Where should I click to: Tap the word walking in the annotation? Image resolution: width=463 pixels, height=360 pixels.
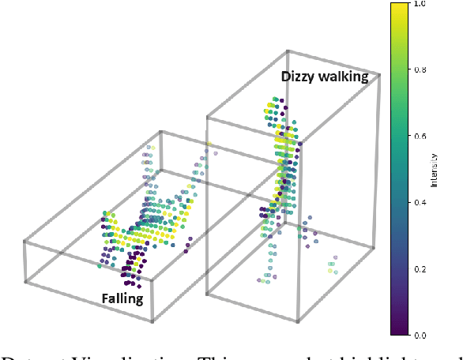[344, 77]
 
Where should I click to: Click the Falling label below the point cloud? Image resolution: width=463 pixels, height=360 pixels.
[122, 298]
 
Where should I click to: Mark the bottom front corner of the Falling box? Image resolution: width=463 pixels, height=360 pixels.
[153, 321]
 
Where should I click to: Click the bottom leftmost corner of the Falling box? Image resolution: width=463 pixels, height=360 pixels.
[25, 280]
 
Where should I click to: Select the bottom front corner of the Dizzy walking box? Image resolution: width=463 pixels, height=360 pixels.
[298, 321]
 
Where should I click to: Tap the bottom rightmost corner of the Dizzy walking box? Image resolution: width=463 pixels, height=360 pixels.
[373, 246]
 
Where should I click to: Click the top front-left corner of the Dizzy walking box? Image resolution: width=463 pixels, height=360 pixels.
[207, 116]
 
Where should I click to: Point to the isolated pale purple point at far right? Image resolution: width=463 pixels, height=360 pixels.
[336, 257]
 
